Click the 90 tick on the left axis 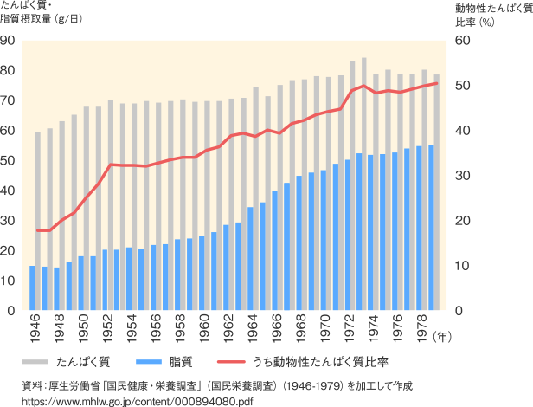(8, 40)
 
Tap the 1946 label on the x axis (33, 327)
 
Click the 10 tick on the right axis (462, 265)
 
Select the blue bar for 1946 (33, 287)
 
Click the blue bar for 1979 (432, 227)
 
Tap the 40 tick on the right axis (462, 130)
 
